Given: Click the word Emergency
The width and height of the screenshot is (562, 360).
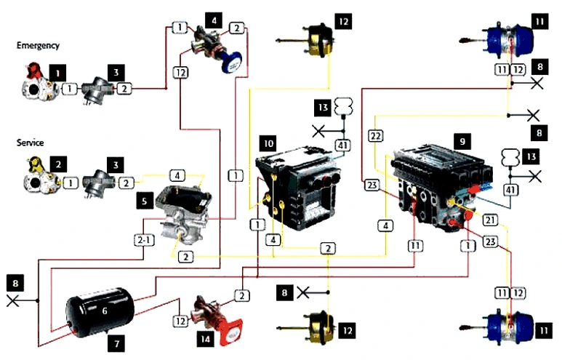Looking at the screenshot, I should tap(37, 45).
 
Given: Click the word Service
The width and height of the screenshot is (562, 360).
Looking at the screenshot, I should tap(31, 143).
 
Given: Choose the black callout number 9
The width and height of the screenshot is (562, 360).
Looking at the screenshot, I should tap(461, 137).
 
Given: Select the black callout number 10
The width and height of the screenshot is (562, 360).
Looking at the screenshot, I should tap(268, 145).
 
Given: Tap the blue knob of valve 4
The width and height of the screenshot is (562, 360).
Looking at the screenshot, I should tap(230, 64).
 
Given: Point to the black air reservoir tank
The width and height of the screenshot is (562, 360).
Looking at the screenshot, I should tap(100, 310).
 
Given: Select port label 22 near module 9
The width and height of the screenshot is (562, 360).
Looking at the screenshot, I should tap(375, 136).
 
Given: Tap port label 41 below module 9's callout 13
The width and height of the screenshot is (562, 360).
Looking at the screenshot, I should tap(512, 191).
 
